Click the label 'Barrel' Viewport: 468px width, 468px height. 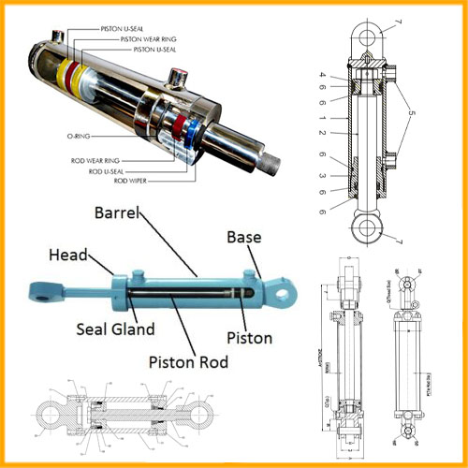click(117, 212)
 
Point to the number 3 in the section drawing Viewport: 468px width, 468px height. click(323, 175)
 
